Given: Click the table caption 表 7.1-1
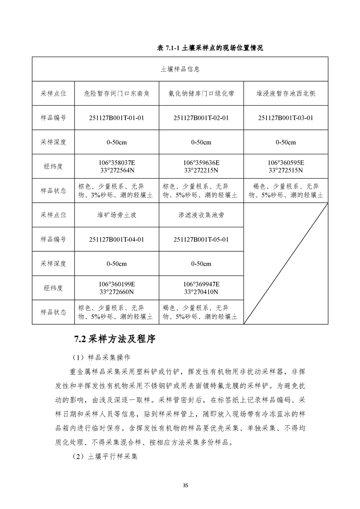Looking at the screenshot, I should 210,48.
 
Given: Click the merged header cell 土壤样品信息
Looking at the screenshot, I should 180,69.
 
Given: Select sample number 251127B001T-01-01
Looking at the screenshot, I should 117,118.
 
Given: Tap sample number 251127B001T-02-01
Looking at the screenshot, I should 201,118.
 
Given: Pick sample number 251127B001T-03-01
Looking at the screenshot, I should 286,118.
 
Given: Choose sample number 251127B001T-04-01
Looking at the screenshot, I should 117,240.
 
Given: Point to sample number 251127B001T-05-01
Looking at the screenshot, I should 201,240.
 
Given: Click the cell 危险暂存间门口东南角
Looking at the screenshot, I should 117,93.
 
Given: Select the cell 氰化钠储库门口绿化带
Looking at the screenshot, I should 201,93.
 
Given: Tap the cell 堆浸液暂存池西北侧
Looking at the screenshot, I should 286,93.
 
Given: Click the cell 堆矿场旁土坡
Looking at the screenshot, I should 117,215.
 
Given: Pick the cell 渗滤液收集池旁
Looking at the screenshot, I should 201,215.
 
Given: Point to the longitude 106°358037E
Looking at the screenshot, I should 117,162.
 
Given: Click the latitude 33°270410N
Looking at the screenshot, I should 201,292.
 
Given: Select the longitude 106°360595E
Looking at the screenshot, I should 286,162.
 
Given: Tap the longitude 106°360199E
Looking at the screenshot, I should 117,284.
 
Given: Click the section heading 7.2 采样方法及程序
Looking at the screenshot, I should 115,339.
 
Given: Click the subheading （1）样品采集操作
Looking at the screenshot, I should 105,357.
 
